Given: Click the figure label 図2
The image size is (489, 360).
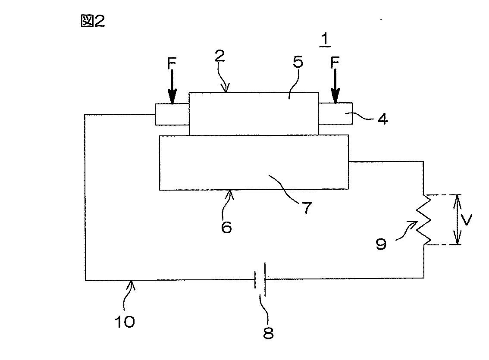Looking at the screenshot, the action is click(93, 21).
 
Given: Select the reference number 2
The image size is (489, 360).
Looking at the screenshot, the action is click(220, 56).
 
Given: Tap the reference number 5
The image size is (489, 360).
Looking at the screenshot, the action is click(298, 62).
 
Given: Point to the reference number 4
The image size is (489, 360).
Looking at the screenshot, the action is click(382, 119).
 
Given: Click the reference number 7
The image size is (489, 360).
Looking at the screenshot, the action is click(307, 207).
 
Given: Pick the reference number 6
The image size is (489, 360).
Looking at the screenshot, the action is click(226, 227).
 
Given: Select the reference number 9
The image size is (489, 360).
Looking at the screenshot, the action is click(381, 244).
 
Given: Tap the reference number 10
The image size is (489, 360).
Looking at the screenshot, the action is click(125, 322).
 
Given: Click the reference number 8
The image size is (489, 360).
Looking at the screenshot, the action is click(268, 333).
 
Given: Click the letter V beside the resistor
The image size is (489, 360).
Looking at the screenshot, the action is click(467, 219).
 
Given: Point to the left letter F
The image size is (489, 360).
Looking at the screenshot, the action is click(172, 63).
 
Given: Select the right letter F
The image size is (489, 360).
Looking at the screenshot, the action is click(335, 63).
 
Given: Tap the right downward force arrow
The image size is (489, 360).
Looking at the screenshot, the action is click(335, 86).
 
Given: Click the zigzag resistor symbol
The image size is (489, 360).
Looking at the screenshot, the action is click(424, 219).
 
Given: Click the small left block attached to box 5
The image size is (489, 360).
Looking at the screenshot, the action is click(172, 114).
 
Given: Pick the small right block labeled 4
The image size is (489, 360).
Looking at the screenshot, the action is click(335, 113).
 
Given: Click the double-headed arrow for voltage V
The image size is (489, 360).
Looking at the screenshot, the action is click(457, 219).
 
